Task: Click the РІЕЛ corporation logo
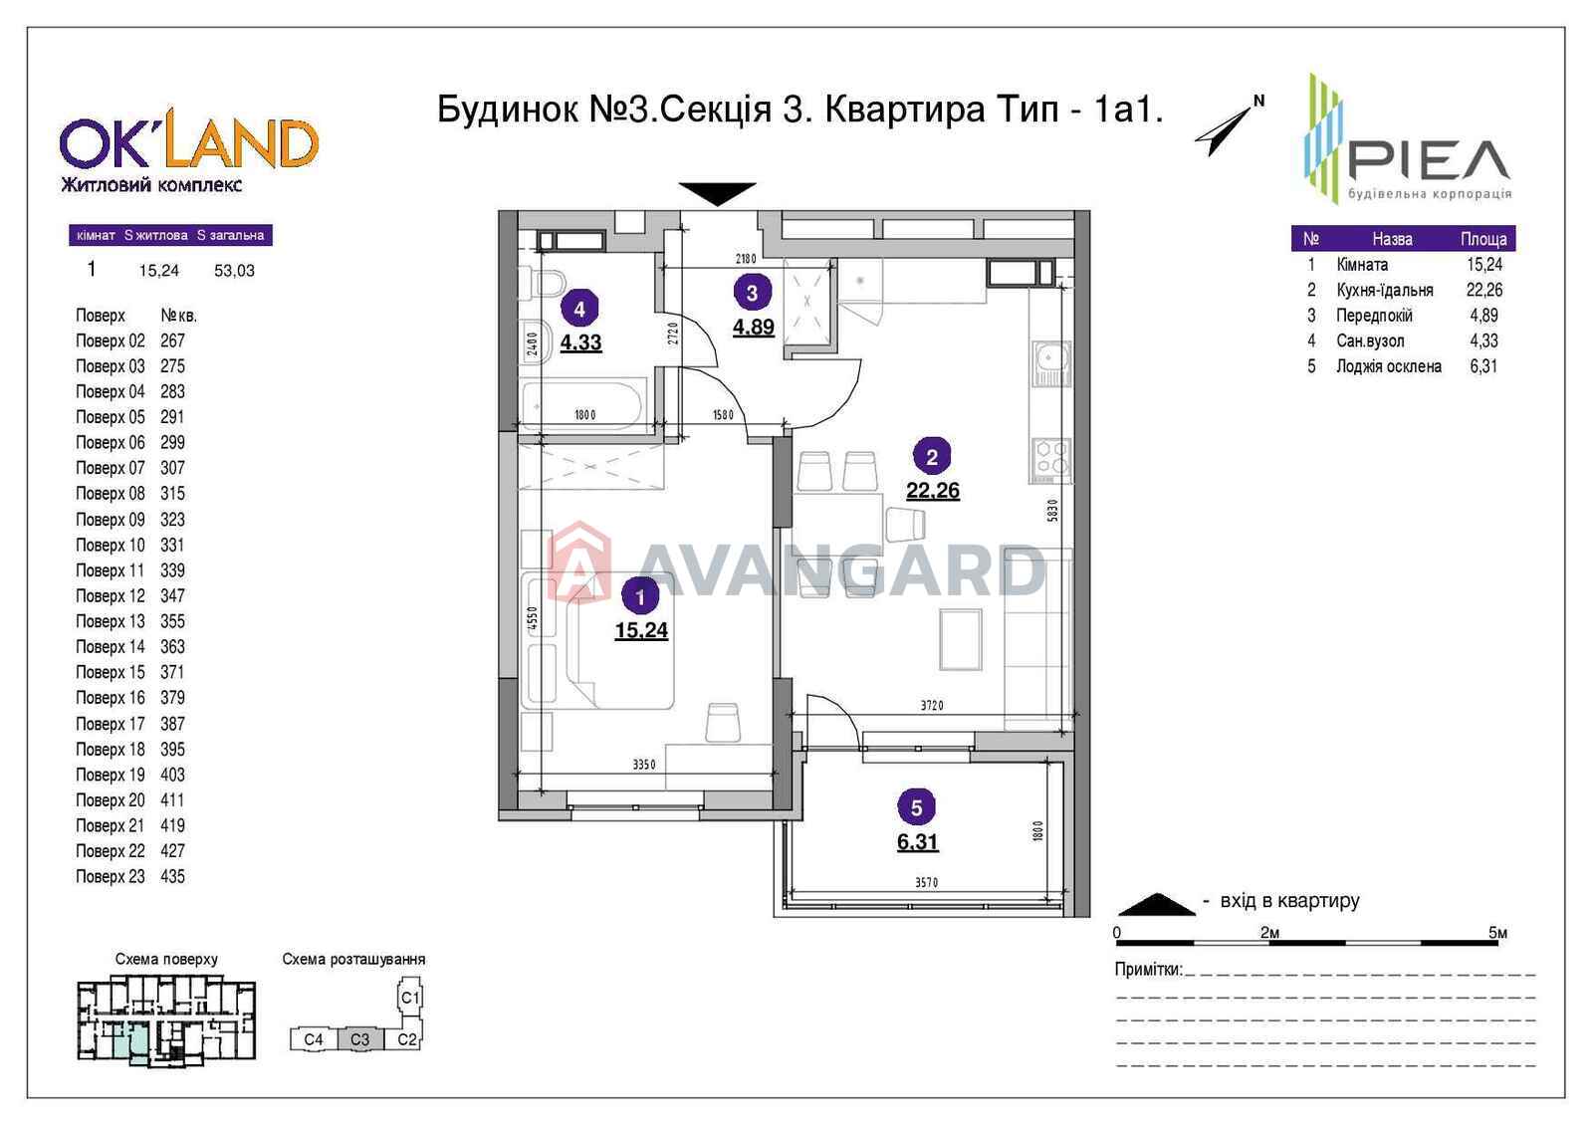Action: pyautogui.click(x=1408, y=138)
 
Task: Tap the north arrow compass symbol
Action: pyautogui.click(x=1229, y=125)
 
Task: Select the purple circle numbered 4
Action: pyautogui.click(x=578, y=310)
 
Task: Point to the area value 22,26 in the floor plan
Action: pyautogui.click(x=932, y=491)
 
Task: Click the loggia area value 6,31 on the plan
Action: pyautogui.click(x=917, y=842)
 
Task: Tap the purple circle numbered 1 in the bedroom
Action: pyautogui.click(x=640, y=596)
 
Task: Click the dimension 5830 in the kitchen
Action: pyautogui.click(x=1052, y=510)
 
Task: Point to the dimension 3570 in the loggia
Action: pyautogui.click(x=926, y=882)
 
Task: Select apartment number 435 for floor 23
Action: pyautogui.click(x=173, y=876)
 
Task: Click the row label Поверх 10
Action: pyautogui.click(x=111, y=545)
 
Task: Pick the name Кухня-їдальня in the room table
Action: pyautogui.click(x=1385, y=291)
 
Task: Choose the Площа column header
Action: pyautogui.click(x=1483, y=239)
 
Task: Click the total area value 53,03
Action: pyautogui.click(x=234, y=270)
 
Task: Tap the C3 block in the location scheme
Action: pyautogui.click(x=359, y=1039)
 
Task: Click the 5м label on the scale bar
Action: pyautogui.click(x=1497, y=932)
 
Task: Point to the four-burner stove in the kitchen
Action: pyautogui.click(x=1051, y=457)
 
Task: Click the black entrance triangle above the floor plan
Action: pyautogui.click(x=716, y=193)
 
